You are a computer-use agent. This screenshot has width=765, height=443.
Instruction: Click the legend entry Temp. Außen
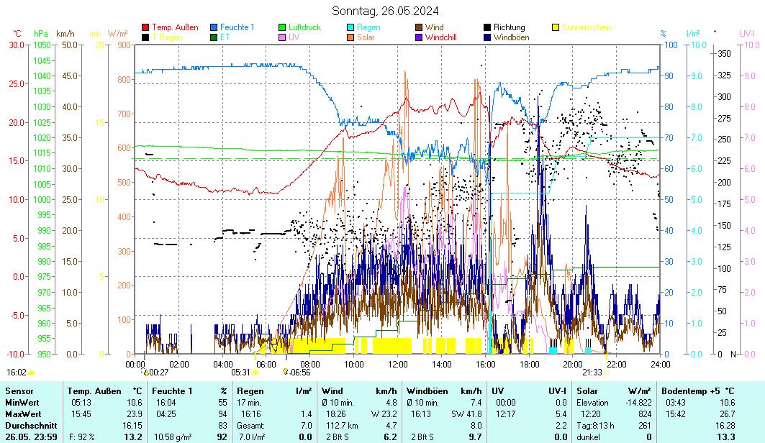(x=175, y=27)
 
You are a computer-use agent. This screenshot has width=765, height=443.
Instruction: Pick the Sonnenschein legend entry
(x=587, y=27)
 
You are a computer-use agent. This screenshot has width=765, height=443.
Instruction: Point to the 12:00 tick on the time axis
(x=397, y=364)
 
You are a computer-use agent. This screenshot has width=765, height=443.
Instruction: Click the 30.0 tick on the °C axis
(x=16, y=45)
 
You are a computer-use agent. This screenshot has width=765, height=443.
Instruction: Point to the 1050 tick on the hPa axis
(x=41, y=45)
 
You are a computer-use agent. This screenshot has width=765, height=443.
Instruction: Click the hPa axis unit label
(x=40, y=34)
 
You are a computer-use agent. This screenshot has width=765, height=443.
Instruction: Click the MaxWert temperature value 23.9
(x=134, y=414)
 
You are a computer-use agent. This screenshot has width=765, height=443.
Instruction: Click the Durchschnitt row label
(x=30, y=425)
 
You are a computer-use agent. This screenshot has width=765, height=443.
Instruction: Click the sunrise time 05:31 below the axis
(x=240, y=373)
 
